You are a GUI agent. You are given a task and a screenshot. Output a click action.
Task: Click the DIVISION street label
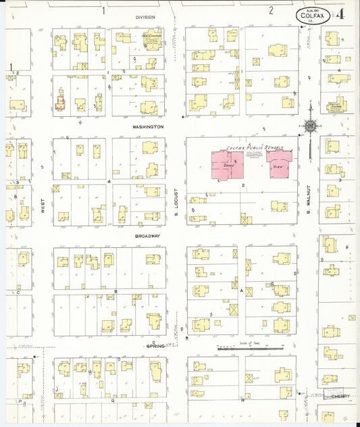click(145, 18)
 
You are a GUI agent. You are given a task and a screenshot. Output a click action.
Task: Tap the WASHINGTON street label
click(147, 126)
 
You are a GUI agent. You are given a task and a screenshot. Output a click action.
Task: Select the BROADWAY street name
click(147, 236)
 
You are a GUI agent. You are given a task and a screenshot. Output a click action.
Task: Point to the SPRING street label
click(155, 346)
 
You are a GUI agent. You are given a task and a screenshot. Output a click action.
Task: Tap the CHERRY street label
click(340, 397)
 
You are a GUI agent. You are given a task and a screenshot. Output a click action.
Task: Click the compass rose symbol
click(309, 126)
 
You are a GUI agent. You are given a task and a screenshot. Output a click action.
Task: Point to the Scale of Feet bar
click(250, 348)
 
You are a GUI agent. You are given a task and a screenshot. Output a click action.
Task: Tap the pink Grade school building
click(228, 165)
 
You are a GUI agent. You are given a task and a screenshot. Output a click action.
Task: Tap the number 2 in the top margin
click(271, 10)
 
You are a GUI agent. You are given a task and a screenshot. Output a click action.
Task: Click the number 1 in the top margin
click(103, 10)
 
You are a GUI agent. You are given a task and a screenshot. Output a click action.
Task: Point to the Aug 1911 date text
click(312, 10)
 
